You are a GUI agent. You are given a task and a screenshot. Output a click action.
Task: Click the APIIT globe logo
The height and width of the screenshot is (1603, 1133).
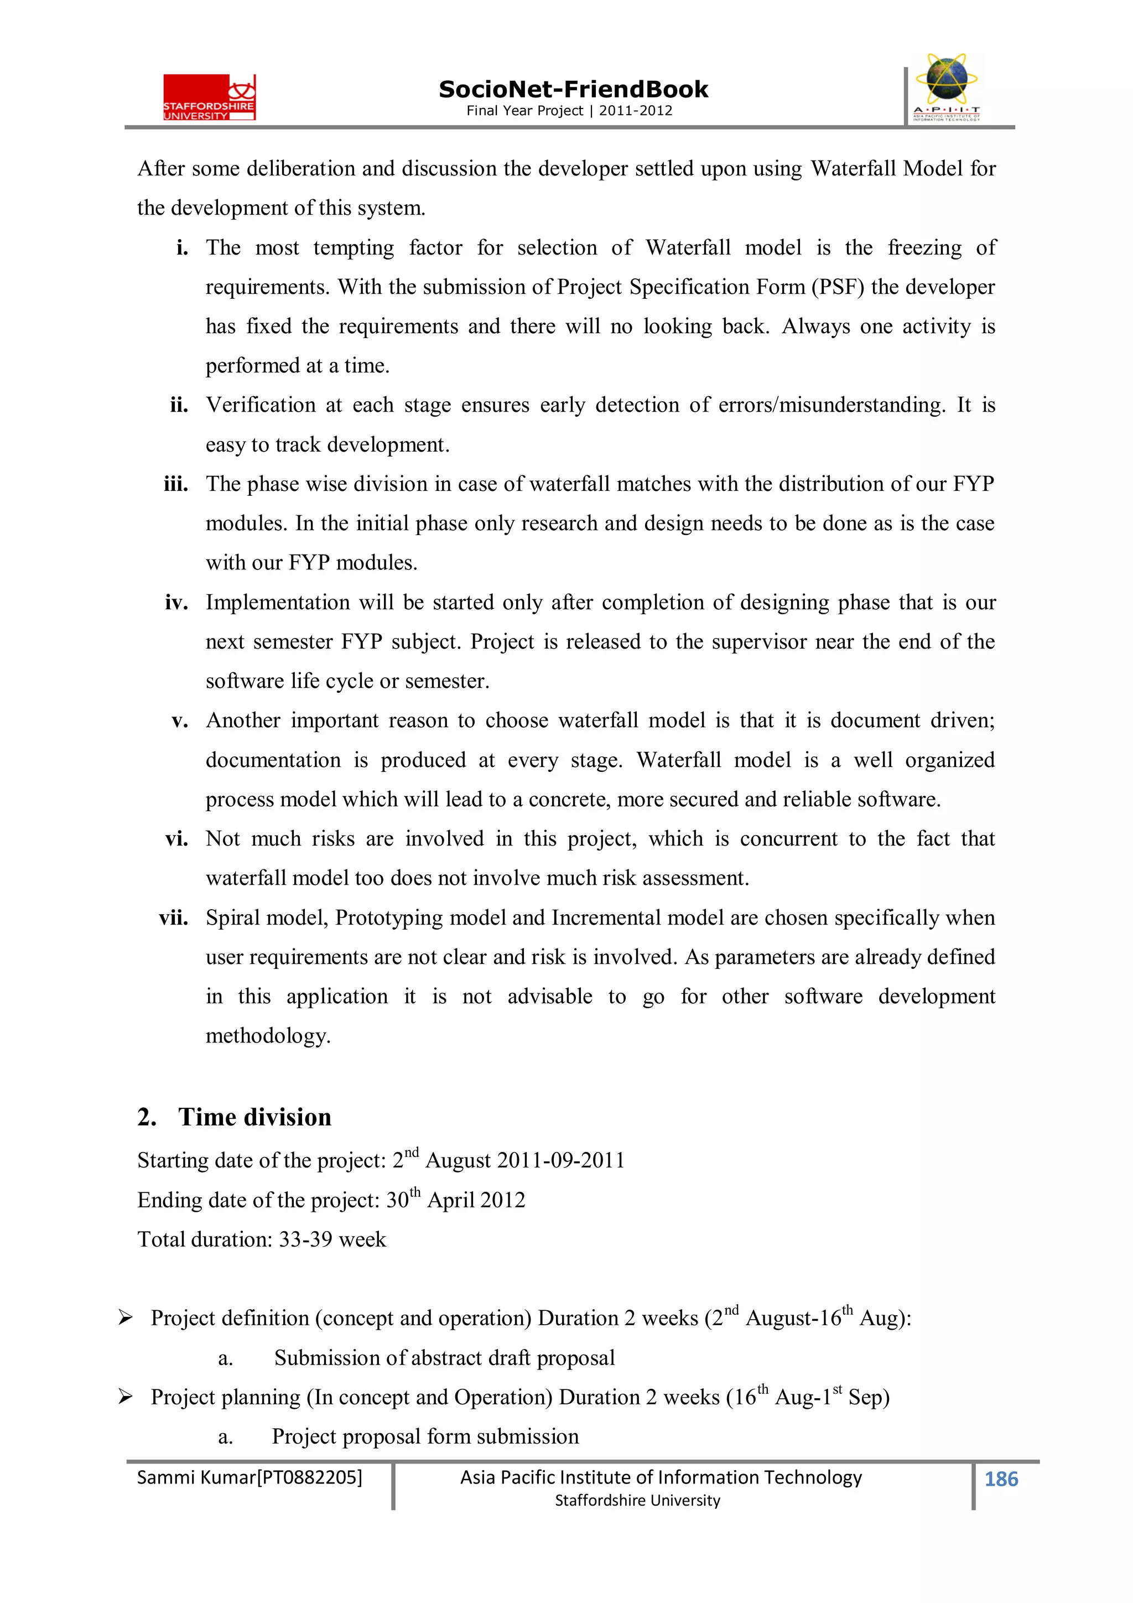pos(946,87)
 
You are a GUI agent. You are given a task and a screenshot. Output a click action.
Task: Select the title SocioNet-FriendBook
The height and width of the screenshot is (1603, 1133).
pos(573,90)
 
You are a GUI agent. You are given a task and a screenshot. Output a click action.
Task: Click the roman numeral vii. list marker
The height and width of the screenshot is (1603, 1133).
pos(173,917)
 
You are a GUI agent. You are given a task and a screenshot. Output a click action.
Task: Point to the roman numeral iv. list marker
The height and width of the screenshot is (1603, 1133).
pos(176,603)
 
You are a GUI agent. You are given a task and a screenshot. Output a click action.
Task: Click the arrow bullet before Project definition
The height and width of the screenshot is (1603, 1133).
pos(125,1318)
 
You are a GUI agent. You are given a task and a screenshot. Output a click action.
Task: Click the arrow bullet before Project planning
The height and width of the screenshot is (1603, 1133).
pos(125,1397)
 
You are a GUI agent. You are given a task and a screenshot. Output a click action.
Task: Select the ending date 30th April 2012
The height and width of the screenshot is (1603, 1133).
pos(455,1200)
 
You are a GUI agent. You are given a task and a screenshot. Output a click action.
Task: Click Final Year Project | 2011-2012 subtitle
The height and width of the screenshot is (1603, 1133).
pos(569,110)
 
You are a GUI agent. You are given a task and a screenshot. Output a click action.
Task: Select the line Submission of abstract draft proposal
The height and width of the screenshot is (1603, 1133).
pos(444,1358)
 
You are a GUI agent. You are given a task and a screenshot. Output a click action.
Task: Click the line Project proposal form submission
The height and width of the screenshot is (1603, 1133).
pos(425,1436)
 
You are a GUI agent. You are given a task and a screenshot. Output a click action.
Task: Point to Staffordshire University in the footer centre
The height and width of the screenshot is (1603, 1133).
pos(637,1501)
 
